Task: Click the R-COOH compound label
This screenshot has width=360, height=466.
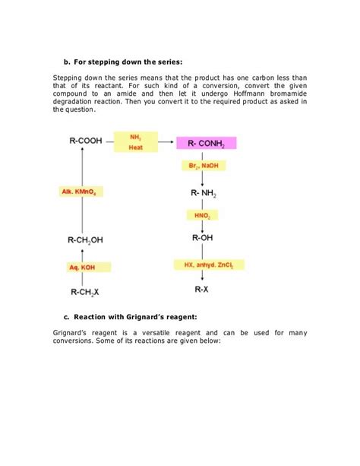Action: (85, 141)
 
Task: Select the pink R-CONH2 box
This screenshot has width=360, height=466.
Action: (206, 144)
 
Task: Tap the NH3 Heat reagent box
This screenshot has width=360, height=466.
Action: (136, 142)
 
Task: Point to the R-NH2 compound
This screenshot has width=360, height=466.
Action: (204, 193)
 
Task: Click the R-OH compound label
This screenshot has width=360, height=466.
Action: (203, 239)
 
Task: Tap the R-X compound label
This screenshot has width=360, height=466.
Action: (202, 290)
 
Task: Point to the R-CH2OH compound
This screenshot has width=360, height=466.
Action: (85, 240)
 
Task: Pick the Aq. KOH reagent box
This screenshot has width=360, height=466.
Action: (85, 268)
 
